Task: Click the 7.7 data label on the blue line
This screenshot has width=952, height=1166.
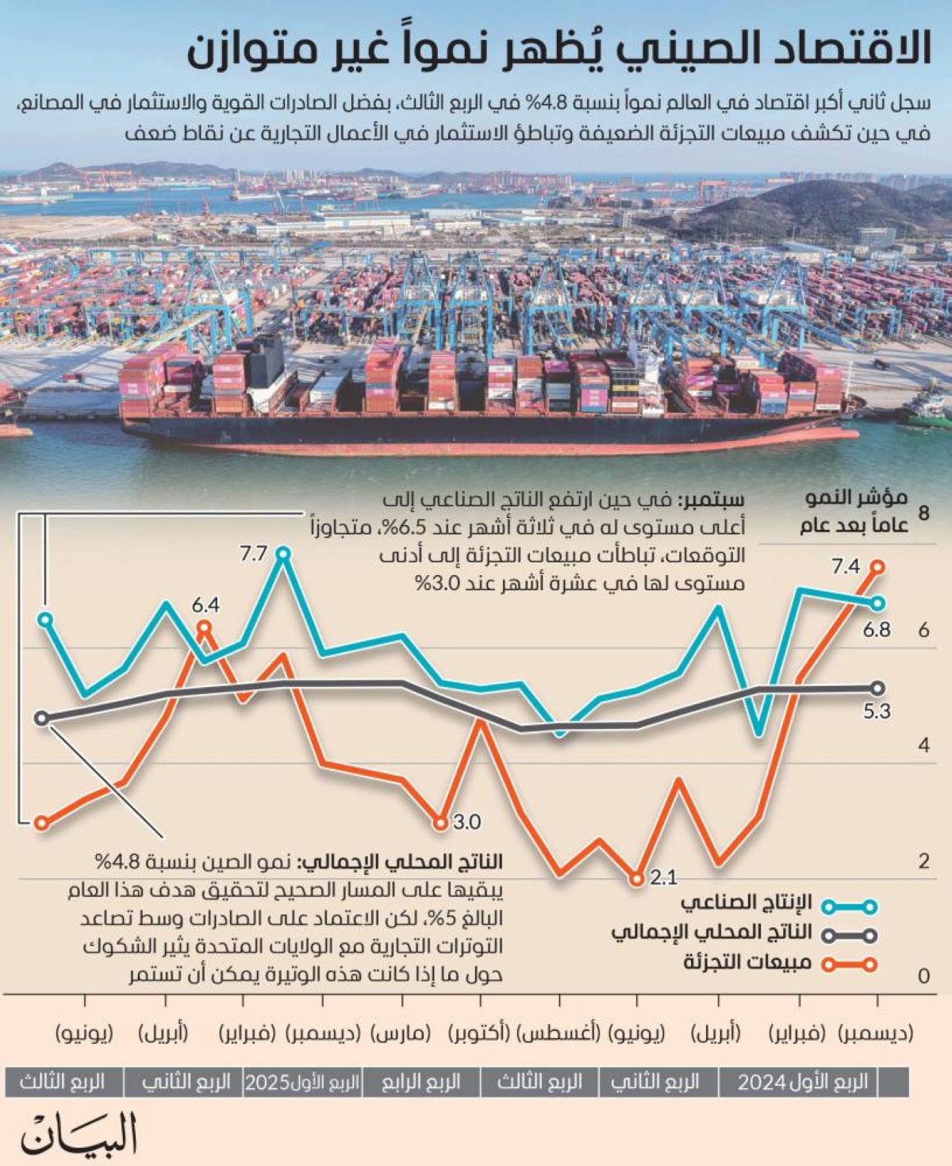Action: tap(254, 554)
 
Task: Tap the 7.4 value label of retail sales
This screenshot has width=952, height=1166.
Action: tap(846, 566)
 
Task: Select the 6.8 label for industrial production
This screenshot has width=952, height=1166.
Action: tap(877, 630)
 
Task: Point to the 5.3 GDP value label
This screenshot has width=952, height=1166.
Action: tap(877, 711)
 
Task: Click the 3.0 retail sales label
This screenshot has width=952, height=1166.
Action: tap(467, 822)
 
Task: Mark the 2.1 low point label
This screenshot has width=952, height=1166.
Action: tap(663, 877)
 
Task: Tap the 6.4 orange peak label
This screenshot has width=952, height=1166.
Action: tap(205, 605)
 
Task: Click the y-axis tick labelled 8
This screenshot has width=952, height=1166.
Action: tap(923, 512)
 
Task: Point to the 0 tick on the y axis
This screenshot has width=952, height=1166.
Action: tap(923, 976)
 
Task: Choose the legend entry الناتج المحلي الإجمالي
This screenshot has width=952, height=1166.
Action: tap(712, 933)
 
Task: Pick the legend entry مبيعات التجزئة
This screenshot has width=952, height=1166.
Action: tap(747, 963)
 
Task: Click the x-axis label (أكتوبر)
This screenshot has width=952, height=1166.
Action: tap(479, 1034)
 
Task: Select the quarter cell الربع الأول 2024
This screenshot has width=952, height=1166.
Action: tap(802, 1082)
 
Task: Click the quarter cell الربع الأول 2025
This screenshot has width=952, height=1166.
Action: tap(301, 1082)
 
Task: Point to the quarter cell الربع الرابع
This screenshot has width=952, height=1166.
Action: tap(420, 1082)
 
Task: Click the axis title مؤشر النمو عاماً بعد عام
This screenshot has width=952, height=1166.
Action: tap(855, 512)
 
